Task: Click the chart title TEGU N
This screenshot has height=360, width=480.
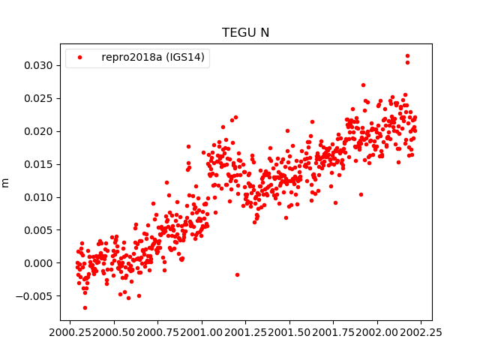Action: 245,33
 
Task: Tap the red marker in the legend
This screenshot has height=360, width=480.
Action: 80,58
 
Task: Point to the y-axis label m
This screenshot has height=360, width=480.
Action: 6,182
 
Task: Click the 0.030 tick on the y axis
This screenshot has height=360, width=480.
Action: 38,66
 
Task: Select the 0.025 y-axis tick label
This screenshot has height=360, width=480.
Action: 38,99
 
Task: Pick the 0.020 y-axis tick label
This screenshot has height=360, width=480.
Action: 38,132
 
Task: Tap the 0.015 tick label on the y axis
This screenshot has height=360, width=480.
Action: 38,164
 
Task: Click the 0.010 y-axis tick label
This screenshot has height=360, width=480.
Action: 38,197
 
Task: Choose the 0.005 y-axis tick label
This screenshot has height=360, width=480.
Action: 38,230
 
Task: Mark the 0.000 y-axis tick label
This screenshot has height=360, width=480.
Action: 38,263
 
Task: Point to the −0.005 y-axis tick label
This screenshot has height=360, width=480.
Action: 35,296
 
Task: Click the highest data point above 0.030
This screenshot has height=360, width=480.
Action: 407,55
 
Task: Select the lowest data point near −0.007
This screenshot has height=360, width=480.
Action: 85,307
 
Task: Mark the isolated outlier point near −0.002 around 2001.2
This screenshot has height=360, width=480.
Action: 237,274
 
